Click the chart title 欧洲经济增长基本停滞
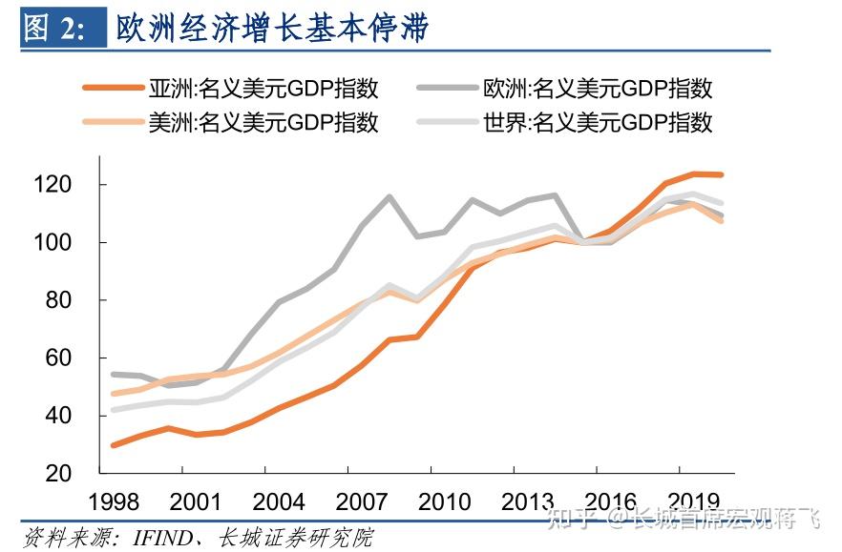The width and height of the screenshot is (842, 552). click(272, 28)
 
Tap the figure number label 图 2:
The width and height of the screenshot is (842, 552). click(53, 28)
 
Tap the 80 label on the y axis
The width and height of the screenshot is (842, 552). click(71, 300)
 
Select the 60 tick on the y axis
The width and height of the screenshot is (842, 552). click(71, 358)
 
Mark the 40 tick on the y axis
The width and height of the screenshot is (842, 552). click(71, 416)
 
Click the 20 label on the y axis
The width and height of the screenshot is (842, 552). click(71, 474)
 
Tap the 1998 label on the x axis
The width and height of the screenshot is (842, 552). click(113, 501)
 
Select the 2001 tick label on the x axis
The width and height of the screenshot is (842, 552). click(196, 501)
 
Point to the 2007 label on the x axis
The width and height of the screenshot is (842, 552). click(362, 501)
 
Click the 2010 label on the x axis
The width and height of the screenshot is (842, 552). click(445, 501)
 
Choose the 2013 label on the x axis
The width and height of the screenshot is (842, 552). click(528, 501)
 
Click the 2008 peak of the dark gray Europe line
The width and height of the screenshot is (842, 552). click(389, 197)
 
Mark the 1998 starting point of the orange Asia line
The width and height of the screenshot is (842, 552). click(114, 445)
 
